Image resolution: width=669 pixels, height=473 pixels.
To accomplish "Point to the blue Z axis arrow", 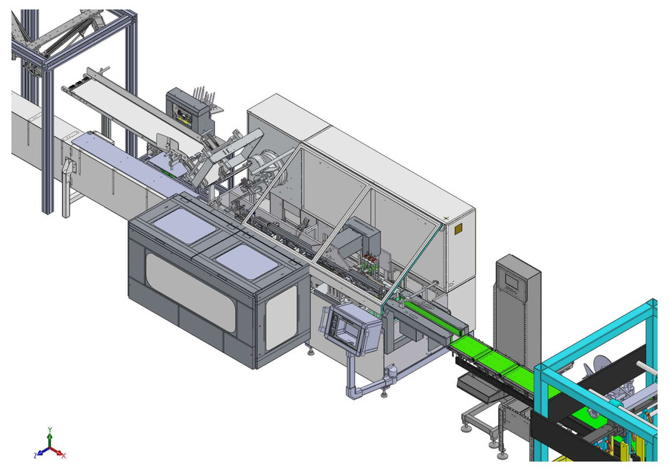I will click(x=38, y=452).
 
